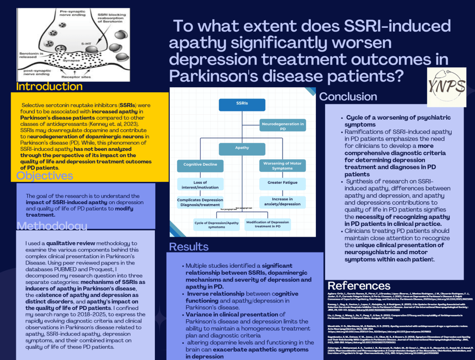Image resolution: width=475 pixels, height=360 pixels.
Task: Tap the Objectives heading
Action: [45, 176]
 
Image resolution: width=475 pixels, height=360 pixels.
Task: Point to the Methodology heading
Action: [51, 226]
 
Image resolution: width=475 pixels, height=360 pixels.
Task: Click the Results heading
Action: [188, 246]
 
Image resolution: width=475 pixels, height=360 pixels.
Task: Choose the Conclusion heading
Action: [348, 97]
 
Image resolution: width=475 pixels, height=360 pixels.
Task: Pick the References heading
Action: [359, 285]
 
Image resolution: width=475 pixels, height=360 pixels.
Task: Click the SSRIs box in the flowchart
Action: [242, 104]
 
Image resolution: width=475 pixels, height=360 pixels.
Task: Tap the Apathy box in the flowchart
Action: [242, 149]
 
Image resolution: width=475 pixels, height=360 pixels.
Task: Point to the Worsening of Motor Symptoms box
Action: [282, 166]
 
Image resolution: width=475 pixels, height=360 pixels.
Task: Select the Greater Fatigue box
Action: [282, 184]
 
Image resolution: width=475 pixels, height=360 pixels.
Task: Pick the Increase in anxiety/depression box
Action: [282, 202]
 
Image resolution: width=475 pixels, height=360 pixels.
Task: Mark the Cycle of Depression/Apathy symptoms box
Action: [216, 225]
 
